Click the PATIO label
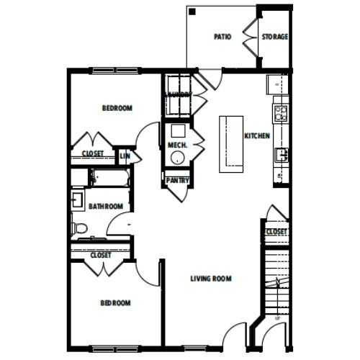pyautogui.click(x=222, y=37)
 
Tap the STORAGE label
pyautogui.click(x=275, y=37)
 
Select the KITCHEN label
pyautogui.click(x=257, y=135)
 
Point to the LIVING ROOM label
pyautogui.click(x=211, y=279)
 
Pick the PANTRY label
pyautogui.click(x=177, y=180)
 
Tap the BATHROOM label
pyautogui.click(x=105, y=207)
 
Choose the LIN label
pyautogui.click(x=125, y=154)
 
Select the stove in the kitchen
pyautogui.click(x=280, y=112)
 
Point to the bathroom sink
pyautogui.click(x=76, y=199)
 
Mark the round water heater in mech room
pyautogui.click(x=176, y=132)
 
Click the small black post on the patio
pyautogui.click(x=192, y=11)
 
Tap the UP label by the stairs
pyautogui.click(x=277, y=317)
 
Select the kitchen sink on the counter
pyautogui.click(x=279, y=153)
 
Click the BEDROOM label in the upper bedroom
pyautogui.click(x=117, y=108)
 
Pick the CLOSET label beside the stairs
pyautogui.click(x=276, y=231)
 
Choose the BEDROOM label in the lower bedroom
pyautogui.click(x=115, y=302)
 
